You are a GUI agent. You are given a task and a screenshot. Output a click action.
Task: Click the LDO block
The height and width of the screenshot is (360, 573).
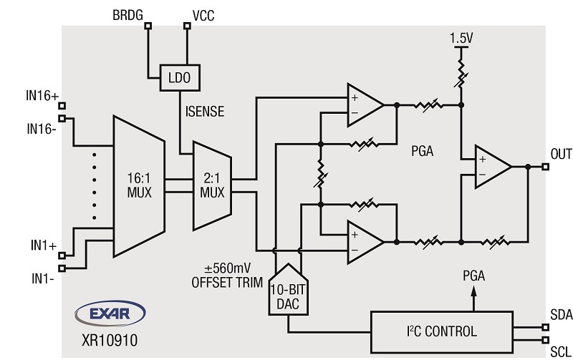(x=178, y=76)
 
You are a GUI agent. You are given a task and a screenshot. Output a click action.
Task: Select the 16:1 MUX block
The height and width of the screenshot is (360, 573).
(x=140, y=186)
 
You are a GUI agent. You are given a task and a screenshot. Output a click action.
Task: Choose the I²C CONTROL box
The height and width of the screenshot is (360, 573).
(x=441, y=331)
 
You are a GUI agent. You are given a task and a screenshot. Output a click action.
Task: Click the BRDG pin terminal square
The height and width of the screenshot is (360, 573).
(x=148, y=26)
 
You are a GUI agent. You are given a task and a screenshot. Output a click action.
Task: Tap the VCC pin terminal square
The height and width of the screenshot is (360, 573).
(x=188, y=26)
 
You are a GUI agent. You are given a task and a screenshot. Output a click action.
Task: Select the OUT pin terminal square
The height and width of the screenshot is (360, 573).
(x=546, y=167)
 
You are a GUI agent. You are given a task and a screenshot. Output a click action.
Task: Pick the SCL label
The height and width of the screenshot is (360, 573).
(x=560, y=351)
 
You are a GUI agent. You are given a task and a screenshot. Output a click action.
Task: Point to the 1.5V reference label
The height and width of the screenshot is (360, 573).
(x=461, y=36)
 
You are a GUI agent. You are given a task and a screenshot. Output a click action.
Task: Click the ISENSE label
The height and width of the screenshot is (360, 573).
(x=204, y=112)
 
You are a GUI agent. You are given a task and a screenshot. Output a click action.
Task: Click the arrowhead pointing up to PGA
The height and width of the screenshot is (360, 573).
(x=472, y=294)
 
